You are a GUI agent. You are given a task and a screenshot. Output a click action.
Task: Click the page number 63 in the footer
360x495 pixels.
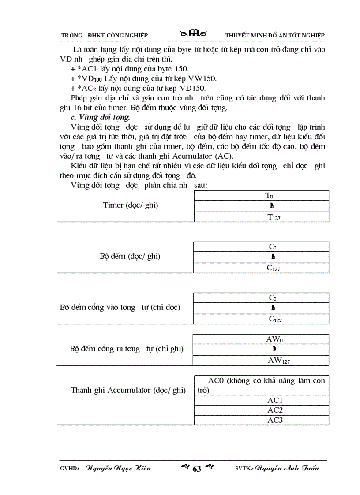click(x=197, y=469)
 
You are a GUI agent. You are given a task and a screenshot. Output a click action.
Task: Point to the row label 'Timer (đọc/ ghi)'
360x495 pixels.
click(x=131, y=205)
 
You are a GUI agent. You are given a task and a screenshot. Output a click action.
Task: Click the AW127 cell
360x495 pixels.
click(x=279, y=360)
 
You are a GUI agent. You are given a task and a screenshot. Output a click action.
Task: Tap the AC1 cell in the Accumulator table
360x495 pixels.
click(x=275, y=400)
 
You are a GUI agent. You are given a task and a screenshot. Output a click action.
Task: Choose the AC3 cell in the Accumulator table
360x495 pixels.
click(x=275, y=420)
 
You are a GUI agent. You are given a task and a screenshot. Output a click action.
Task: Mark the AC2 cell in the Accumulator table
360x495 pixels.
click(x=275, y=410)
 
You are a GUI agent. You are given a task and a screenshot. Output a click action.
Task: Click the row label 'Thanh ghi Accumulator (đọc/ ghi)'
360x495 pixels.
click(x=128, y=390)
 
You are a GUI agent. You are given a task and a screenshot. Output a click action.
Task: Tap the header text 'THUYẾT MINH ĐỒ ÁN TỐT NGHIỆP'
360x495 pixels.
click(x=274, y=35)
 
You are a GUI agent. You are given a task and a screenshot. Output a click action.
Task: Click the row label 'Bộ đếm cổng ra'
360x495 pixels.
click(x=126, y=349)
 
